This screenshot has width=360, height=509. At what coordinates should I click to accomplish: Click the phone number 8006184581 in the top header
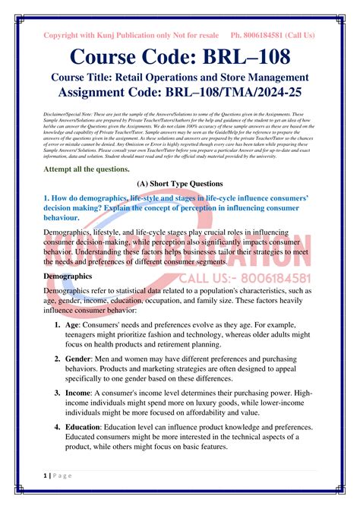[x=261, y=35]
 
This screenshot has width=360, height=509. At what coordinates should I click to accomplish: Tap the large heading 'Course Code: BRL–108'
[x=180, y=57]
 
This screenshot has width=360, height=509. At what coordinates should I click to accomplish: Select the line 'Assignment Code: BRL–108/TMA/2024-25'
[x=180, y=94]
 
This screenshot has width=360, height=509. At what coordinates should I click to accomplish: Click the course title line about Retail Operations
[x=180, y=77]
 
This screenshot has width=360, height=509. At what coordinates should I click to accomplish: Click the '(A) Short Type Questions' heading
[x=180, y=184]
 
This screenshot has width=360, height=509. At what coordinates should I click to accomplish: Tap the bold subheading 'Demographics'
[x=68, y=276]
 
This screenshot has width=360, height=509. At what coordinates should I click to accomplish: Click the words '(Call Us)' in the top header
[x=300, y=35]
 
